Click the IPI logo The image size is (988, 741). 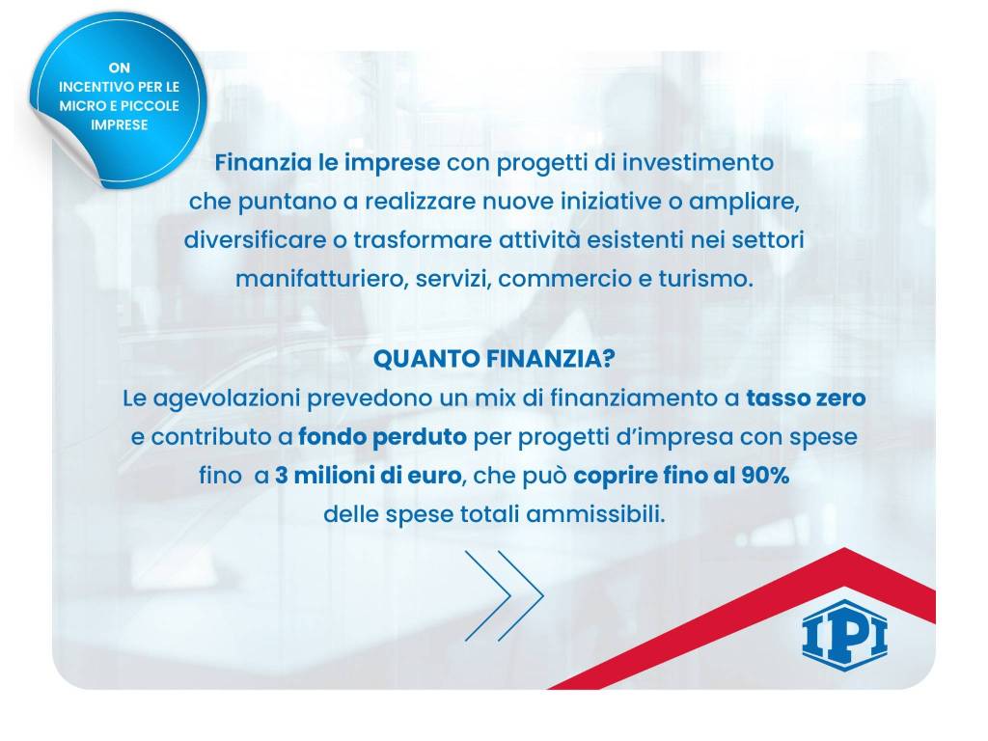[845, 632]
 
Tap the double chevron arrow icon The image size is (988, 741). [504, 595]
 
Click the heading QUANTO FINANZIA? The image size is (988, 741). [494, 360]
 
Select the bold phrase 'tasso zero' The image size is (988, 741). [806, 398]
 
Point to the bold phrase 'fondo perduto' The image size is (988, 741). [382, 437]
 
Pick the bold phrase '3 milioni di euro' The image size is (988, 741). [368, 476]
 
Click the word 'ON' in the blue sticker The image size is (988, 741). [118, 68]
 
